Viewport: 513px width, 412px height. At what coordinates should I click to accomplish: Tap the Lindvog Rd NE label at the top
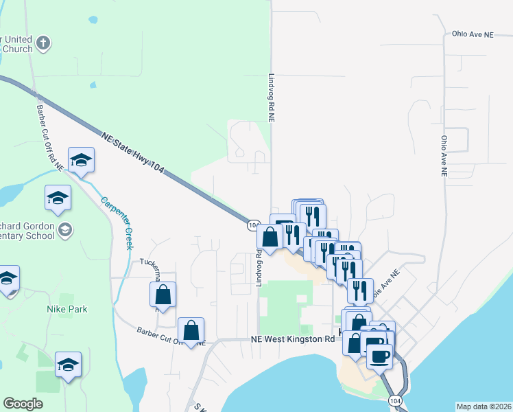coord(272,98)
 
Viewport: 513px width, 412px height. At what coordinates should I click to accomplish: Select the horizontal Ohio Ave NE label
coord(473,33)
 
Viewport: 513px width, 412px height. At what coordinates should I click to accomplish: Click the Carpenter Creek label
coord(116,223)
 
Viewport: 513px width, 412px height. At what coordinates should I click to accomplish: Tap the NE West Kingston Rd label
coord(292,339)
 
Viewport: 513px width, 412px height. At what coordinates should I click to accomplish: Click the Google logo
coord(23,404)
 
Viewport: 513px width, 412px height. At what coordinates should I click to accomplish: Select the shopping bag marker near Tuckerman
coord(163,295)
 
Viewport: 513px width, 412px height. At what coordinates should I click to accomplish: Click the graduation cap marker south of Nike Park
coord(68,365)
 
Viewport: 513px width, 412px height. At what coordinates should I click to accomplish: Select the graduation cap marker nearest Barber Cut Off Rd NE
coord(81,161)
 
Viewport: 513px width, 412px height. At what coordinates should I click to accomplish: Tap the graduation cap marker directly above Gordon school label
coord(58,198)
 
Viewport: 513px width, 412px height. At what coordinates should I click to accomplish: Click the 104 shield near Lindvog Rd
coord(252,225)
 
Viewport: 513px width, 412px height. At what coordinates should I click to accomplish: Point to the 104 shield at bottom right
coord(394,399)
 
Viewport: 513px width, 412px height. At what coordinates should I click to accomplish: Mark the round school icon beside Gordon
coord(65,229)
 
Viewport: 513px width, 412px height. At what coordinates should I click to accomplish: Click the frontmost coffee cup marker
coord(380,356)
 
